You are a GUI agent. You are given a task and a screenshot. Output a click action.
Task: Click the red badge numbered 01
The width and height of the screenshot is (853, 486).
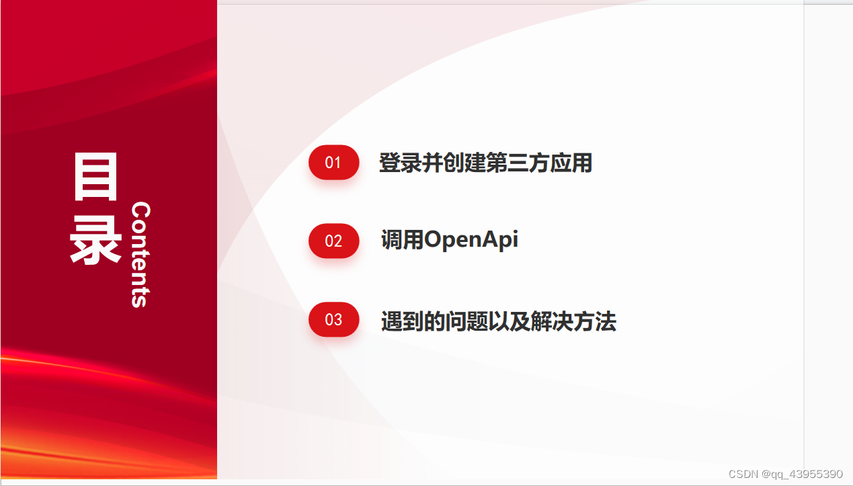(x=333, y=162)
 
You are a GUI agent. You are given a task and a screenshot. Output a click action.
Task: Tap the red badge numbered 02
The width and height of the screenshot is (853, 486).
(x=333, y=241)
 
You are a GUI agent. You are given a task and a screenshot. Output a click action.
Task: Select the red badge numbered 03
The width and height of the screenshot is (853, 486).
(x=333, y=319)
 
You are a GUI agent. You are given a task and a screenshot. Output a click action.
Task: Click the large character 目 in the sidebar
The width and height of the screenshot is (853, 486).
(x=96, y=177)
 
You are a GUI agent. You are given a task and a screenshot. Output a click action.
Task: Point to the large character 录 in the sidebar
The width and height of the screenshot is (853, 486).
(x=96, y=240)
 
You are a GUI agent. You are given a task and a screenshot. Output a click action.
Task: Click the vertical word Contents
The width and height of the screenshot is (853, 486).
(x=140, y=255)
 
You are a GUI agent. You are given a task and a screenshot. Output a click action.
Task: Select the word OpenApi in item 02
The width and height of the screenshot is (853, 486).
(x=471, y=240)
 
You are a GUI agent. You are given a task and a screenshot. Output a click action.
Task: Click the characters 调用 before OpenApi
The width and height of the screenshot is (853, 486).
(x=402, y=240)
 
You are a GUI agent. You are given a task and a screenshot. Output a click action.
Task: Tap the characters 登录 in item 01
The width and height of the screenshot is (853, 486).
(x=401, y=163)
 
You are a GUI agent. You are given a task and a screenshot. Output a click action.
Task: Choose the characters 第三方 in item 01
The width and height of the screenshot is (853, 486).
(x=518, y=163)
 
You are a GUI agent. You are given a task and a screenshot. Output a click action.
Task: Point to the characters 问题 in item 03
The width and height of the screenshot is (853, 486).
(x=467, y=322)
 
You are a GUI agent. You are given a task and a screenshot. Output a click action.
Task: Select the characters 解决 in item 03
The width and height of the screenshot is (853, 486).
(x=553, y=322)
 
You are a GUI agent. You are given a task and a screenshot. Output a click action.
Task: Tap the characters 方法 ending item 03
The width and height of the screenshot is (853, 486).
(x=595, y=322)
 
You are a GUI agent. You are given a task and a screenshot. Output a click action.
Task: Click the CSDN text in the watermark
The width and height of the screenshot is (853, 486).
(x=743, y=474)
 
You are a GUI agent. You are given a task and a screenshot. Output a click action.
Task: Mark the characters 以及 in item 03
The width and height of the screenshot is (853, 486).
(x=510, y=322)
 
